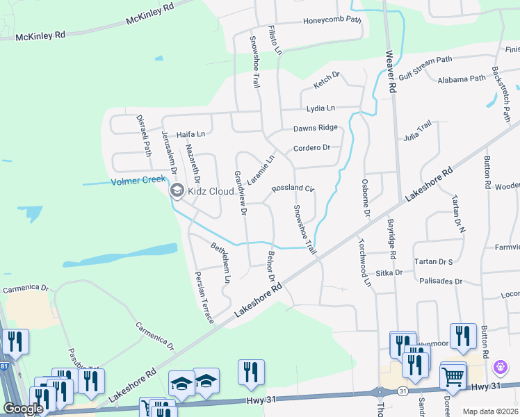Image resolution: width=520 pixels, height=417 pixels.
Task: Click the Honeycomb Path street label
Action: pos(332,21)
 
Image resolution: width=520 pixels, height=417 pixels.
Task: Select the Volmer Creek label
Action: pos(138,182)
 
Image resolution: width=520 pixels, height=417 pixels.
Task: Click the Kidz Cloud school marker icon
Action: pos(177,190)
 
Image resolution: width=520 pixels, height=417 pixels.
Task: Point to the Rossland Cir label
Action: pos(293,188)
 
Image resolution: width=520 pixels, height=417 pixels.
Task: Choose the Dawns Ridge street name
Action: pos(315,128)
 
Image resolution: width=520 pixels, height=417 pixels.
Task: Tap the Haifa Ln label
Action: pos(190,134)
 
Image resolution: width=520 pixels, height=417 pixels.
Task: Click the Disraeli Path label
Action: pos(143,136)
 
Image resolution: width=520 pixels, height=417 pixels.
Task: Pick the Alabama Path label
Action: pos(461,79)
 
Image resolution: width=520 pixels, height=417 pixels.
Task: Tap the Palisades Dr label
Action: pos(441,281)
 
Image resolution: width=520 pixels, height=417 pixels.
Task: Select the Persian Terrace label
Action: pos(203,297)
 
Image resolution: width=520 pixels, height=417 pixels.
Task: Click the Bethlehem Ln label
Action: pos(220,263)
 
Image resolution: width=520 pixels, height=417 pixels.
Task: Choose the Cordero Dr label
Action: pos(311,148)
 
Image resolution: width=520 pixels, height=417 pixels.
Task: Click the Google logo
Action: pos(23,409)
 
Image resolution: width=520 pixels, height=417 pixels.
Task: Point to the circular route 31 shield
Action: pos(403,392)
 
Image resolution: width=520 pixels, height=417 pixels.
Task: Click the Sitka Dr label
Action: pos(389,273)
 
